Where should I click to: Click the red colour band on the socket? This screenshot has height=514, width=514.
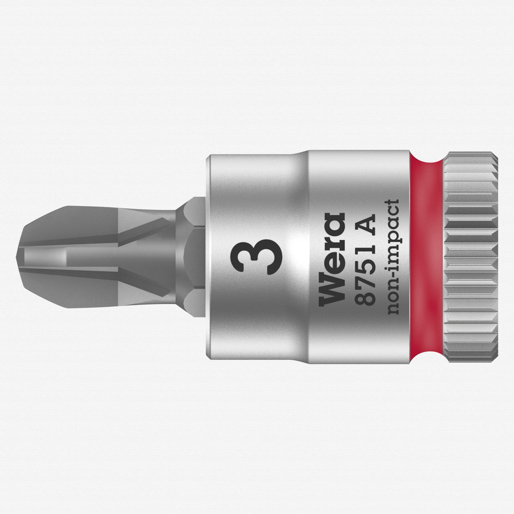[426, 257]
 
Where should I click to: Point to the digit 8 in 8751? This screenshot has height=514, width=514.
[366, 299]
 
